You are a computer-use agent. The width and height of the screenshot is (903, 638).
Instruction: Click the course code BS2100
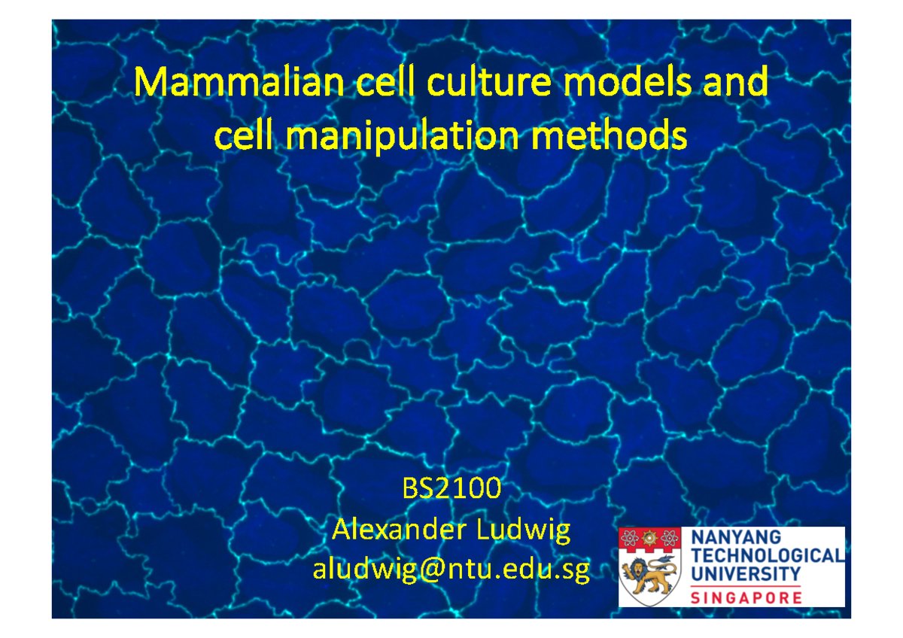451,491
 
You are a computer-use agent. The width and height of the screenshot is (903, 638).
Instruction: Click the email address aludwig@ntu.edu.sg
451,570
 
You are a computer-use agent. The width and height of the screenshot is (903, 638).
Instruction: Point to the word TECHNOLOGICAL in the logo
765,556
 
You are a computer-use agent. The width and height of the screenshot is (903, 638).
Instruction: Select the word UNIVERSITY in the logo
745,573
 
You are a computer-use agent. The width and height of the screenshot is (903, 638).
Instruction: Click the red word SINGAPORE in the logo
745,598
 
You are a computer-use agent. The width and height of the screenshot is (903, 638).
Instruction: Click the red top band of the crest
649,539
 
